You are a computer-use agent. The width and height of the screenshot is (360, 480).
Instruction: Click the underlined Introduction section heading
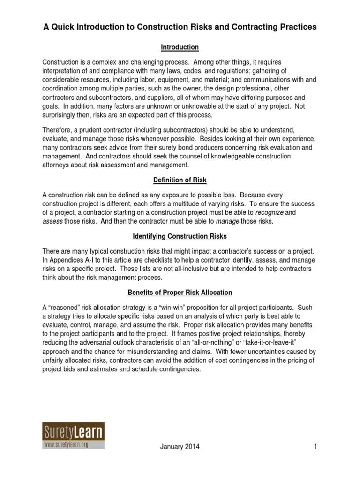click(x=180, y=47)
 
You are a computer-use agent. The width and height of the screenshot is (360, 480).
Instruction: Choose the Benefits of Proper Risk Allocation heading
click(x=180, y=292)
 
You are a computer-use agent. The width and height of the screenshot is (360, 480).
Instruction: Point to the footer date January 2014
click(x=180, y=447)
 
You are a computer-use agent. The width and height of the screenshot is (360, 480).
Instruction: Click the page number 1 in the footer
click(x=316, y=447)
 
